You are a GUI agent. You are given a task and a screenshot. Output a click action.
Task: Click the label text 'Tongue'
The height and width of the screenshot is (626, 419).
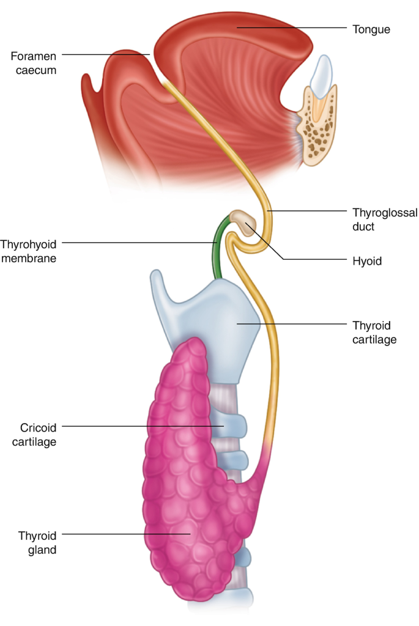coord(371,29)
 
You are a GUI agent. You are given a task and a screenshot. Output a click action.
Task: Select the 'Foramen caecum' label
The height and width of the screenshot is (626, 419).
coord(33,63)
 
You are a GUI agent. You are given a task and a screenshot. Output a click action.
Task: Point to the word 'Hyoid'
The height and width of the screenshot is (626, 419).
coord(367,261)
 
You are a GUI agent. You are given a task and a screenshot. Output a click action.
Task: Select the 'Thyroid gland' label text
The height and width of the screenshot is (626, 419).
coord(37,542)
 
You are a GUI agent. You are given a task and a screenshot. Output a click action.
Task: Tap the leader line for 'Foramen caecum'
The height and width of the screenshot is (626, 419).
coord(104,54)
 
